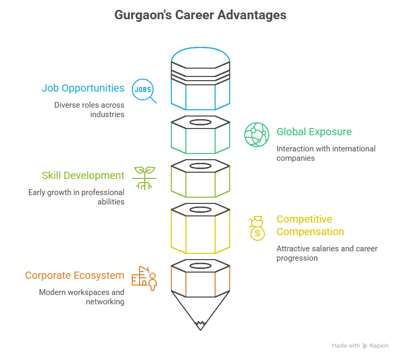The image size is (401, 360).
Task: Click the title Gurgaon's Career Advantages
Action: (200, 15)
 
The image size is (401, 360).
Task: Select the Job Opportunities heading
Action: (83, 88)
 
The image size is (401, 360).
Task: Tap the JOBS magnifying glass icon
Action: (144, 91)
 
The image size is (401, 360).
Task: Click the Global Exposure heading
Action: (314, 132)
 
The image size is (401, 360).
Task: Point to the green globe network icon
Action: (257, 134)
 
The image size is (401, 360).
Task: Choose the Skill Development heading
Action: (83, 175)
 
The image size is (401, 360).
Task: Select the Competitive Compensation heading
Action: (310, 225)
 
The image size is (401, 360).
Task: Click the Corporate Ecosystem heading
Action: (74, 275)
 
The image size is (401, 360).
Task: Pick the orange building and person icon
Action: (144, 278)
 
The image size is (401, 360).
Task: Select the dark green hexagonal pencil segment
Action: (200, 135)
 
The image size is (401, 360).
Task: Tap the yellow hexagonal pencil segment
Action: (200, 229)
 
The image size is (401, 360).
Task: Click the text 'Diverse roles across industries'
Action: (89, 109)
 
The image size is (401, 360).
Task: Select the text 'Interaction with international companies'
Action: (325, 153)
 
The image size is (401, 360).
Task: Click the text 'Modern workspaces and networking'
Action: (81, 297)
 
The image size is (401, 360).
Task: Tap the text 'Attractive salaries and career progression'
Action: (327, 253)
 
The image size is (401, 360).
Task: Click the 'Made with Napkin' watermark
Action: (360, 345)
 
